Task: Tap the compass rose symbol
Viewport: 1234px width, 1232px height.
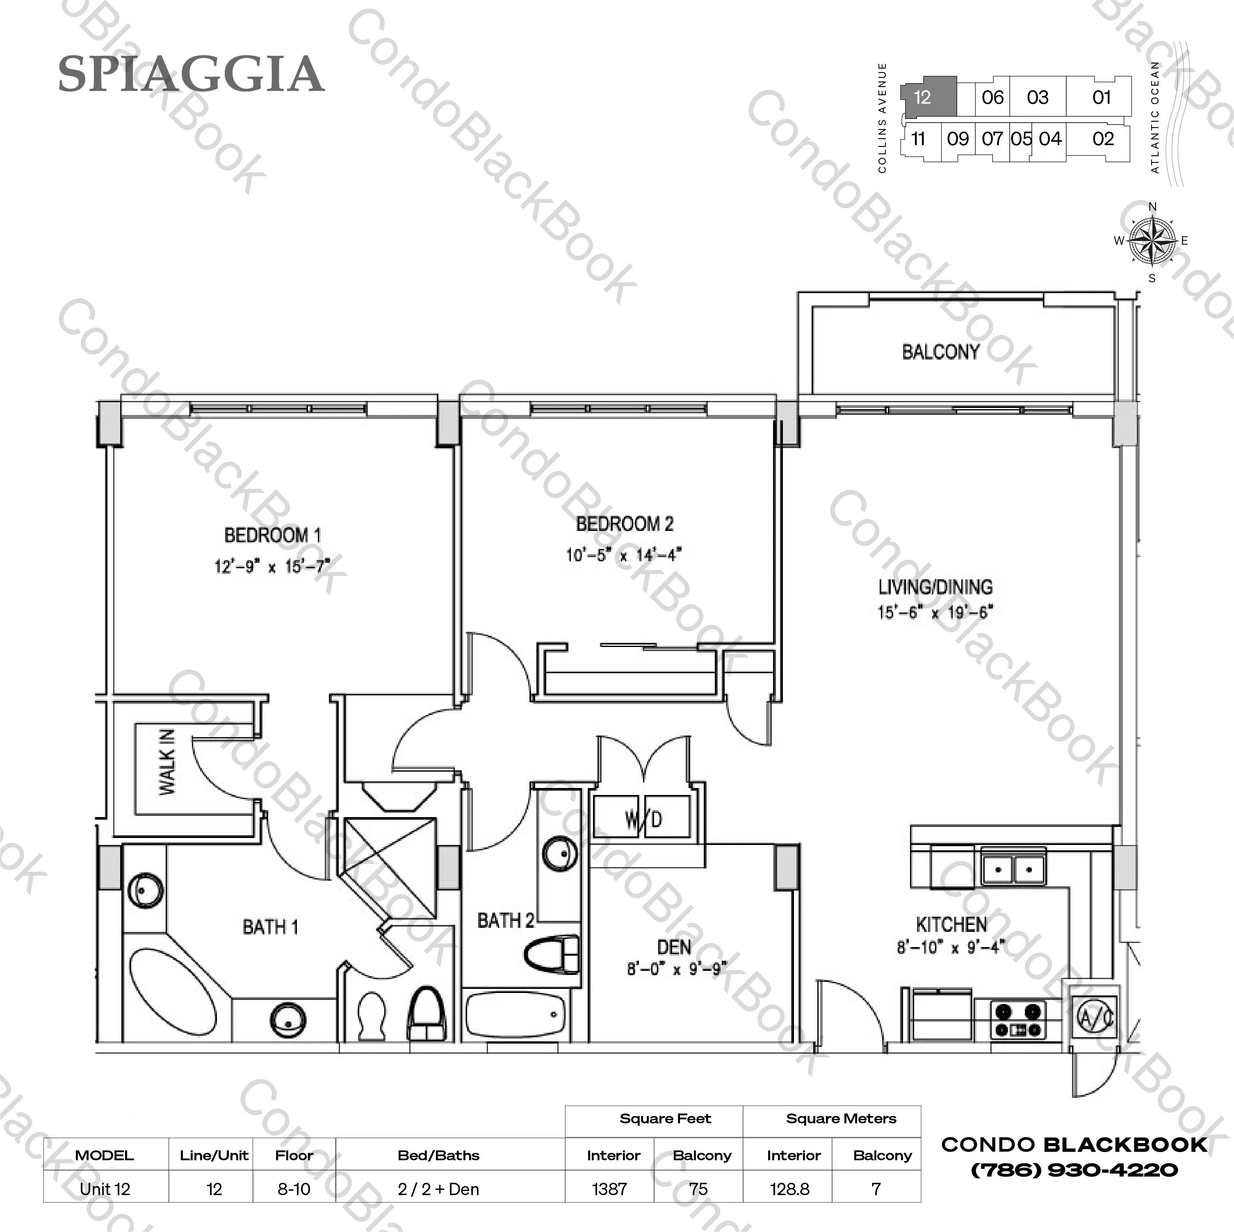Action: [1152, 241]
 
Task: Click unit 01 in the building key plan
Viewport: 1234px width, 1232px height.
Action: [1102, 97]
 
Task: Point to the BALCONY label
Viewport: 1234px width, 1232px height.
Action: [940, 352]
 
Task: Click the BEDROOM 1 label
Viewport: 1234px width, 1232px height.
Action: [272, 535]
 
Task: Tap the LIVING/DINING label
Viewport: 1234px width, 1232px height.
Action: [935, 587]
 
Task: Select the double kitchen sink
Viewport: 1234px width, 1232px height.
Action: [1014, 867]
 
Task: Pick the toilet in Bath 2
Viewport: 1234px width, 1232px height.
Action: [552, 955]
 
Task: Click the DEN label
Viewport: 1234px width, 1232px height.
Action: [674, 947]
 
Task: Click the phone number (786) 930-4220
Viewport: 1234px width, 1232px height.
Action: [1074, 1170]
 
